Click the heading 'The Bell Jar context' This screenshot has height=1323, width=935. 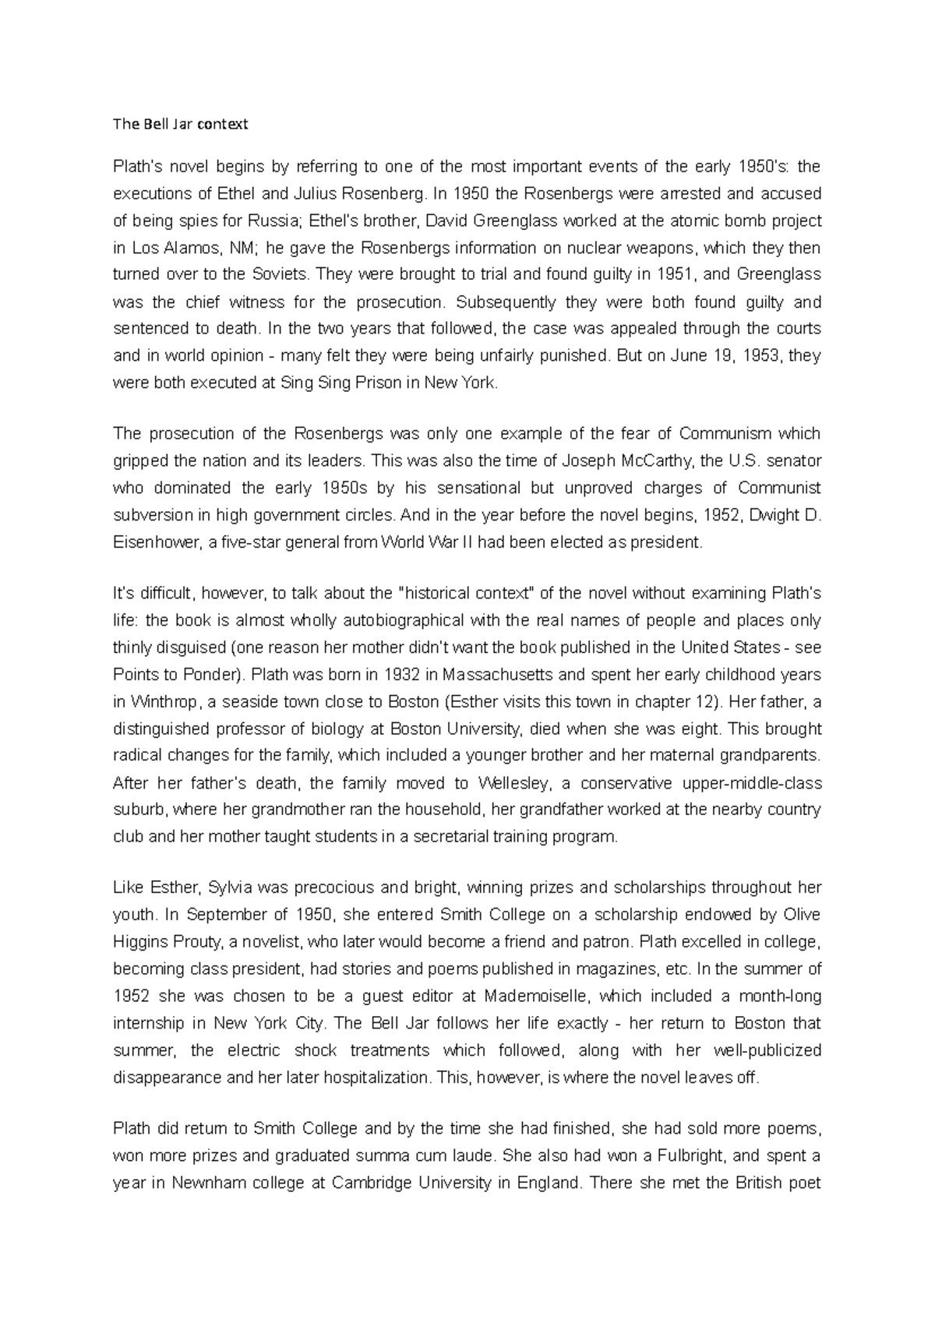pos(180,124)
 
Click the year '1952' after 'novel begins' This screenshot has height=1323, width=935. pos(720,515)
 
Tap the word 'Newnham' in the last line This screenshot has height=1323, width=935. pos(216,1183)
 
